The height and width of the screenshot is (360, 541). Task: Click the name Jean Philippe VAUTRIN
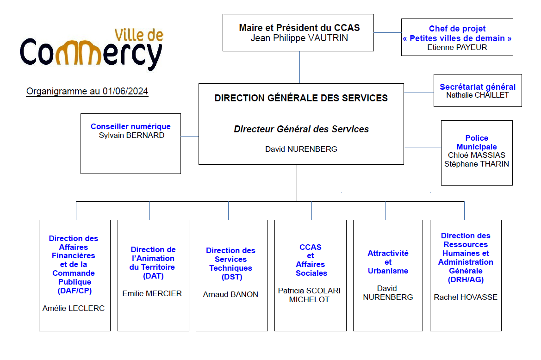tap(299, 38)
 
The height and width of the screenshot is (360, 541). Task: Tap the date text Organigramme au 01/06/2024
tap(87, 91)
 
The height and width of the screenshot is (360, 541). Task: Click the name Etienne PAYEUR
tap(457, 47)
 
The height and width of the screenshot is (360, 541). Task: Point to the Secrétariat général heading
tap(478, 87)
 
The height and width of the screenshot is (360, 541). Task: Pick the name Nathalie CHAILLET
tap(478, 95)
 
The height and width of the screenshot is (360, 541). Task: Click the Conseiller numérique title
tap(131, 126)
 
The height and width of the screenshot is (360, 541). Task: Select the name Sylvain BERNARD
tap(131, 135)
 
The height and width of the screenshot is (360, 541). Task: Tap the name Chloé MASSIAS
tap(477, 155)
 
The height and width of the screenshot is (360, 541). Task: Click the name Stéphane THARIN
tap(477, 164)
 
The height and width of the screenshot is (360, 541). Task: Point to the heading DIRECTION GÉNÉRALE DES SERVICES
tap(301, 98)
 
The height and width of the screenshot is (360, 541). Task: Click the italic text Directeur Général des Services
tap(301, 129)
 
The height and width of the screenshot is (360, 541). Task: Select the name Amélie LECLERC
tap(74, 308)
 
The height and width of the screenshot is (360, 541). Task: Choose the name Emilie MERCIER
tap(152, 293)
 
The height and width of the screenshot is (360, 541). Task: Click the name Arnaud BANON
tap(230, 294)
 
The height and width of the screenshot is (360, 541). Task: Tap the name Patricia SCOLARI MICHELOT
tap(309, 295)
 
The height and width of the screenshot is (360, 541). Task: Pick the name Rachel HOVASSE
tap(466, 297)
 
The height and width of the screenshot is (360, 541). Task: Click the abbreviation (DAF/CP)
tap(75, 291)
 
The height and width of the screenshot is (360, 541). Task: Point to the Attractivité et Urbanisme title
tap(388, 262)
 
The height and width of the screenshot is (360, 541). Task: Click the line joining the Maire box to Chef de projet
tap(387, 33)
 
